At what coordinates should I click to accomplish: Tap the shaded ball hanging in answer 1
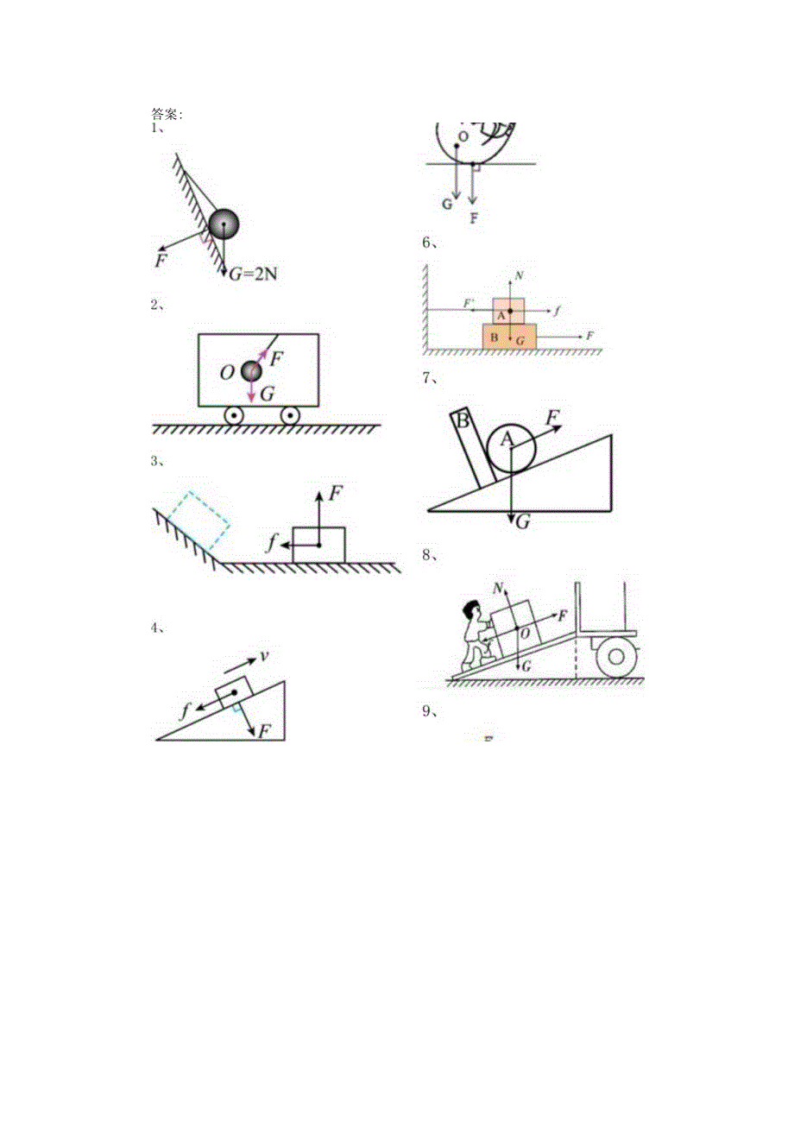coord(224,224)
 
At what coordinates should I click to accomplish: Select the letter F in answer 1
coord(161,259)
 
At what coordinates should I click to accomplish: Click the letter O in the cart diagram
coord(226,373)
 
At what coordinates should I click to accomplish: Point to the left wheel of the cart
coord(233,415)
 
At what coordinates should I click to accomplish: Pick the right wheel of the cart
coord(290,415)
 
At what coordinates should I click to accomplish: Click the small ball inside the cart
coord(250,371)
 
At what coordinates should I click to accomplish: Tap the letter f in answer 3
coord(272,544)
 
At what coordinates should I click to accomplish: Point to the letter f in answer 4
coord(186,713)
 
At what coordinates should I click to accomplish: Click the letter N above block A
coord(517,276)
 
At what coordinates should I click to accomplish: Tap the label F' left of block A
coord(469,304)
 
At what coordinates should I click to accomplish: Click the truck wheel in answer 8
coord(614,657)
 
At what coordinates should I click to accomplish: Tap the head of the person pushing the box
coord(469,611)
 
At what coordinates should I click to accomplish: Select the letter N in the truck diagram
coord(499,588)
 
